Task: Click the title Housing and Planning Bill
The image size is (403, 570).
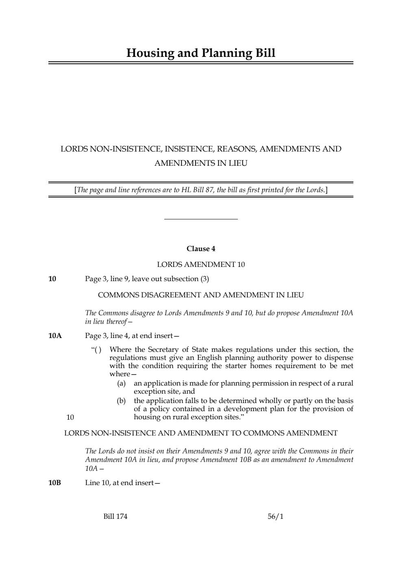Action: pos(201,53)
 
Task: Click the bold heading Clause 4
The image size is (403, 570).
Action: pos(201,249)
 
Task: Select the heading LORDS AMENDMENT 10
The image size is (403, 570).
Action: pos(201,265)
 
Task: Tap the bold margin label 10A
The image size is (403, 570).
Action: pos(55,336)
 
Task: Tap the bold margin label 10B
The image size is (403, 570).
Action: pos(54,483)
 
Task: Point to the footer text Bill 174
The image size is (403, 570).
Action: pos(115,516)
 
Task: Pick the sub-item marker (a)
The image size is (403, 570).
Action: pos(121,383)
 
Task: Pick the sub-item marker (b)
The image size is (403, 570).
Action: pos(121,401)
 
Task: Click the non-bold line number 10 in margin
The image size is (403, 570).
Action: pos(70,417)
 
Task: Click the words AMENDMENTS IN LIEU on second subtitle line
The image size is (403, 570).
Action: pos(201,163)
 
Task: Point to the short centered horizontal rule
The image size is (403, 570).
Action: pos(201,219)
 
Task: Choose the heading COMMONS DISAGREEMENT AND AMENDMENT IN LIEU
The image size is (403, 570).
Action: pos(201,295)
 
